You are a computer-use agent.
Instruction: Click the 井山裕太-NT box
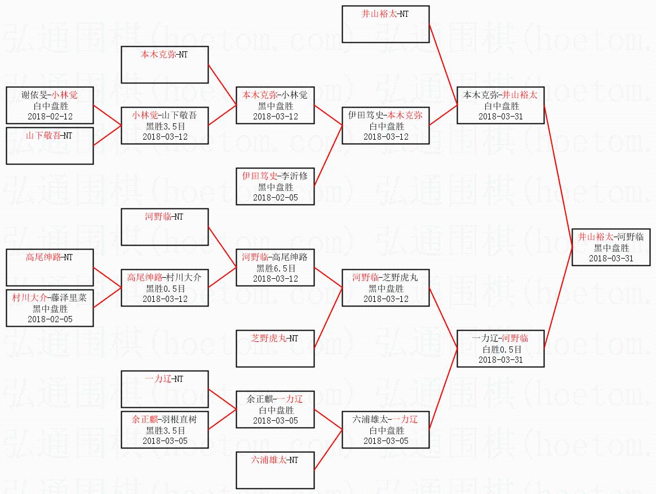[x=385, y=24]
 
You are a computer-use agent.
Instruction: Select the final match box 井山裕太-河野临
[x=611, y=247]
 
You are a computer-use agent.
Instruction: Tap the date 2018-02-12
[x=50, y=116]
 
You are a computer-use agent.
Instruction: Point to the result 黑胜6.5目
[x=275, y=268]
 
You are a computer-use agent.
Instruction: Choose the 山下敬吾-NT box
[x=50, y=146]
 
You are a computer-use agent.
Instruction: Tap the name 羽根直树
[x=178, y=420]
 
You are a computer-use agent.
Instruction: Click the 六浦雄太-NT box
[x=275, y=470]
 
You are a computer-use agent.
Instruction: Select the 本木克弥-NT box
[x=165, y=65]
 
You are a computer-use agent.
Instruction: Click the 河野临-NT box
[x=165, y=227]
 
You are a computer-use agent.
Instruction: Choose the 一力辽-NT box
[x=165, y=389]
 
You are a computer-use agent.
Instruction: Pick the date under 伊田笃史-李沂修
[x=275, y=198]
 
